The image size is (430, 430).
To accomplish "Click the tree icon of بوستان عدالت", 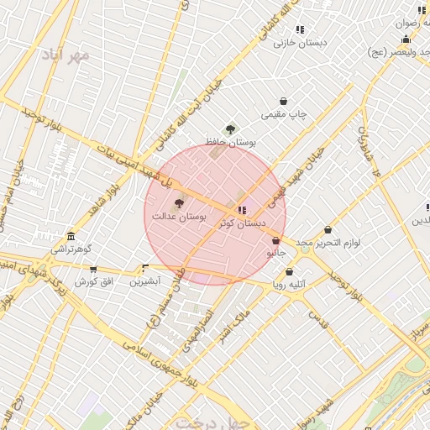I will (x=178, y=203).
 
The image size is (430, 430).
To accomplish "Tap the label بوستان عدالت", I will (x=179, y=217).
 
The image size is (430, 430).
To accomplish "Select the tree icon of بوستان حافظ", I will (x=230, y=129).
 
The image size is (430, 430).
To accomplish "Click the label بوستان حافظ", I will (x=234, y=143).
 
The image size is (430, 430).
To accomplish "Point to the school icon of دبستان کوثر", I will (x=242, y=210).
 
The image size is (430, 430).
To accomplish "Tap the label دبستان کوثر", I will (x=242, y=223).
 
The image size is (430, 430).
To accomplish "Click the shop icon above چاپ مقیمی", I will (x=283, y=101).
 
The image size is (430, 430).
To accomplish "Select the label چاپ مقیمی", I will (x=285, y=113).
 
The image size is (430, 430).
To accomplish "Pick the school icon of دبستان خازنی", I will (x=300, y=29).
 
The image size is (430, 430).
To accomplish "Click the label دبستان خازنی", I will (x=300, y=42).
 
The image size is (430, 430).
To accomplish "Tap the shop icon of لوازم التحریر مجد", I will (x=328, y=229).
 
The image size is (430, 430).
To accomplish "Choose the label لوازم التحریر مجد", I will (x=328, y=242).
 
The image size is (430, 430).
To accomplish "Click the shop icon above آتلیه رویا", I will (x=290, y=271).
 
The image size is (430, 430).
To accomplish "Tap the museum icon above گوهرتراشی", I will (x=71, y=236).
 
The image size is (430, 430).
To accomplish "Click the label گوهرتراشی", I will (x=71, y=249).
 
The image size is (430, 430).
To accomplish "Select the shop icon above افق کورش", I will (x=92, y=269).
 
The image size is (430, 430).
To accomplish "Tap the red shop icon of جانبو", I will (x=275, y=240).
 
